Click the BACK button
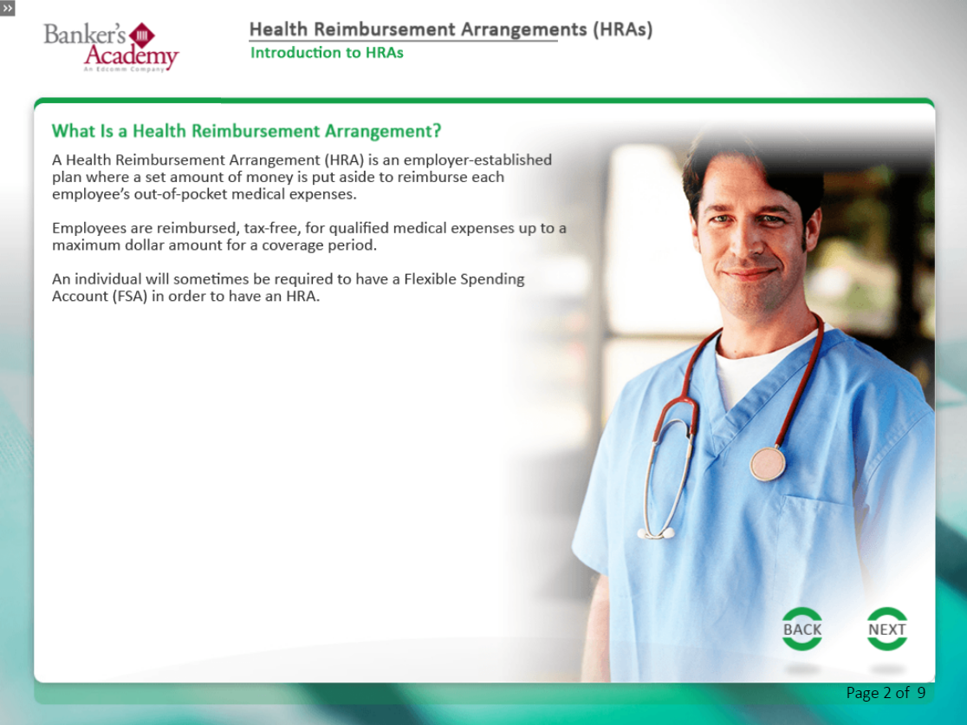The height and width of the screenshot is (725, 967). [x=802, y=629]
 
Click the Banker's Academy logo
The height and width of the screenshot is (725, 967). [x=111, y=47]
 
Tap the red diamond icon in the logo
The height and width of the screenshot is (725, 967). [x=142, y=36]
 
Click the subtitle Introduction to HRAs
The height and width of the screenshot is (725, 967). [x=327, y=52]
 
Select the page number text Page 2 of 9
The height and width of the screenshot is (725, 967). [x=886, y=693]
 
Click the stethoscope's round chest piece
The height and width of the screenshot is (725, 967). [x=768, y=463]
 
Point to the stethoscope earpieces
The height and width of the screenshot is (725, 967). [x=656, y=533]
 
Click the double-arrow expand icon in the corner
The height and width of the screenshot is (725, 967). [x=8, y=8]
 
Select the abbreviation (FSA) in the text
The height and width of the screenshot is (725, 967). [x=130, y=297]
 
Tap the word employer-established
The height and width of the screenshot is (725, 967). [x=477, y=160]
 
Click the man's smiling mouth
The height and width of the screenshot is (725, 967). [x=750, y=272]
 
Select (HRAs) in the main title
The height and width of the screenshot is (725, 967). [x=622, y=29]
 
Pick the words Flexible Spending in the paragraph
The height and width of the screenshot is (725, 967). [x=464, y=279]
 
